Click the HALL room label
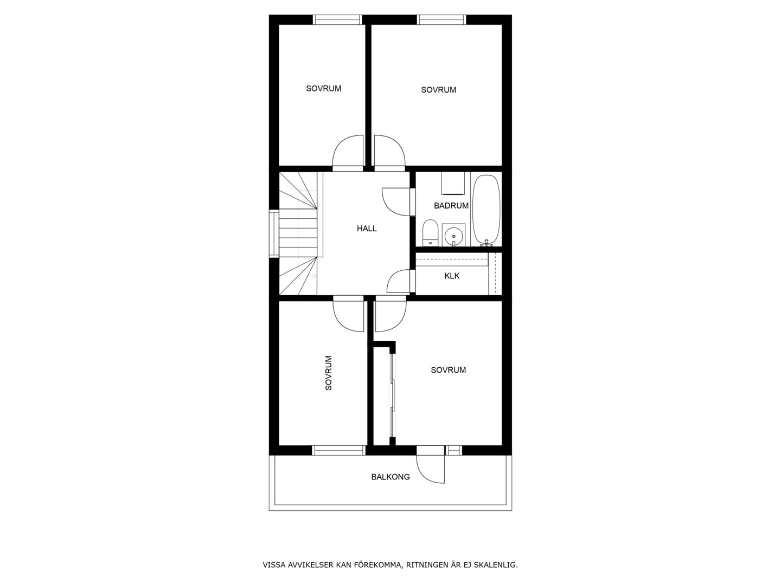(x=367, y=229)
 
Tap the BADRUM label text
(x=451, y=205)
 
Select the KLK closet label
(x=452, y=276)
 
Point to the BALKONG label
(x=390, y=477)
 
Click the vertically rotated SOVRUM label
(x=329, y=373)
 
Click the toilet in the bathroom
(x=430, y=233)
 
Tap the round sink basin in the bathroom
(x=453, y=235)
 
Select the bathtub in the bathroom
(x=485, y=210)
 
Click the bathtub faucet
(x=486, y=243)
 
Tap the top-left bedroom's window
(x=337, y=19)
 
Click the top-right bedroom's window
(x=441, y=19)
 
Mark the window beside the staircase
(x=274, y=233)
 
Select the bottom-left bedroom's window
(x=339, y=450)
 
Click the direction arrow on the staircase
(x=308, y=276)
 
